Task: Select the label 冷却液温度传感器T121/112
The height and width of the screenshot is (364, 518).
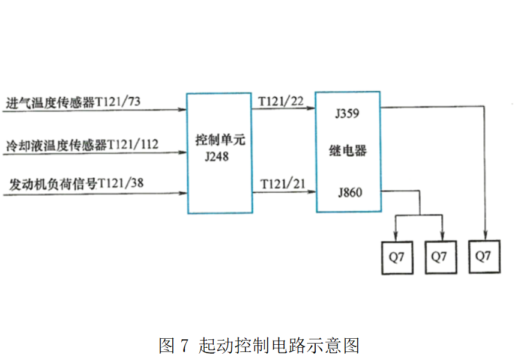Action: coord(82,145)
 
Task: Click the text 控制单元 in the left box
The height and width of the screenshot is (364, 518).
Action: coord(220,141)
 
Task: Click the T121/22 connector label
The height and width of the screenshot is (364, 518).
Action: coord(281,101)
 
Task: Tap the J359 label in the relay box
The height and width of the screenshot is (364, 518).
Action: coord(348,113)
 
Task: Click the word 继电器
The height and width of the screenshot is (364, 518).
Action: coord(348,151)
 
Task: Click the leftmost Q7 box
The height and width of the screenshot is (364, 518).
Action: coord(397,257)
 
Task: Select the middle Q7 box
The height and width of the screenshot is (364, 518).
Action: coord(439,257)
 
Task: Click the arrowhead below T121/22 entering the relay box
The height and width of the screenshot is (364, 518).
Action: coord(311,109)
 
